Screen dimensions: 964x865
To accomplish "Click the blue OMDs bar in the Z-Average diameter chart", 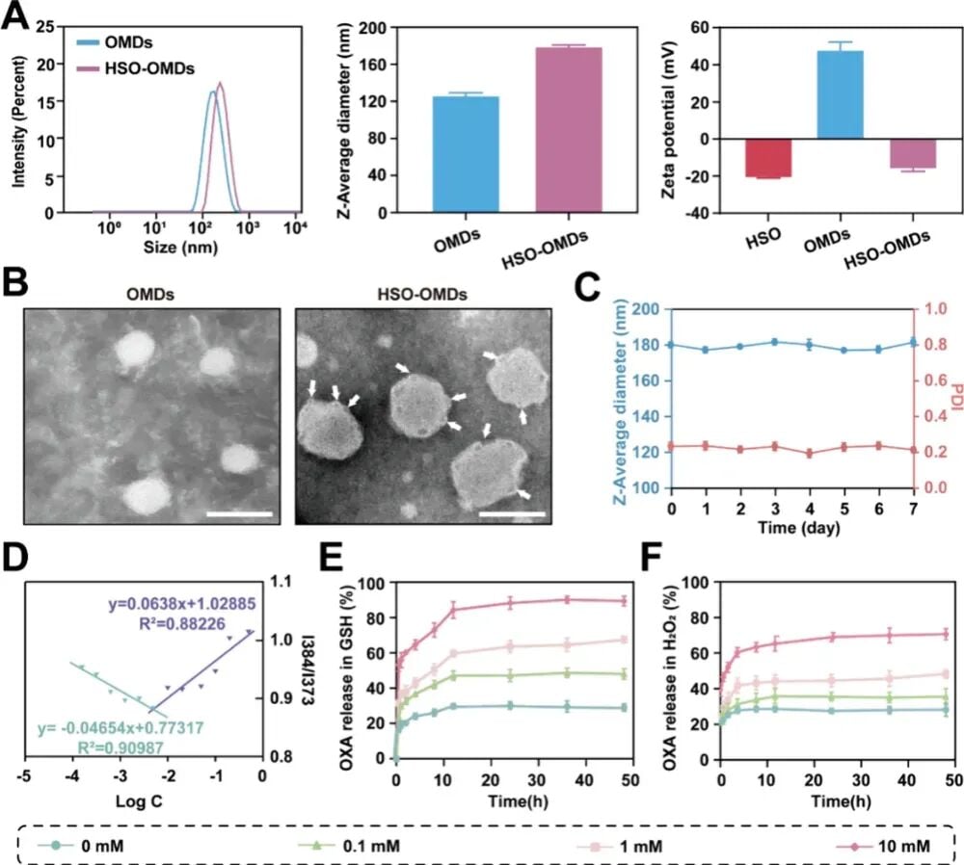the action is coord(466,154).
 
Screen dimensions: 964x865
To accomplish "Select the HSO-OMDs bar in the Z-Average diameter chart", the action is coord(569,130).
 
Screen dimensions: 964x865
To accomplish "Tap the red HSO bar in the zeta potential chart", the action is coord(768,158).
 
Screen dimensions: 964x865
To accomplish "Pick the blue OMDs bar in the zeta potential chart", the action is coord(840,94).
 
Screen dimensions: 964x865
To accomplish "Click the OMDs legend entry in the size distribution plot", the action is coord(115,42).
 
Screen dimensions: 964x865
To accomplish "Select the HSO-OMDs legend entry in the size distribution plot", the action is coord(135,68).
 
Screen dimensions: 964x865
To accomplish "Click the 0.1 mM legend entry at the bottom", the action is coord(349,846).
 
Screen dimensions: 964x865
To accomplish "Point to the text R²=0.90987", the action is coord(120,747).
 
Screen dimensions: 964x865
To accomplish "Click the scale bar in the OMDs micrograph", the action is coord(239,513).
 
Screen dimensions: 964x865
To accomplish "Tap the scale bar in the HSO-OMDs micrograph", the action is coord(512,513).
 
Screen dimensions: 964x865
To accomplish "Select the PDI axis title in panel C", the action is coord(955,396).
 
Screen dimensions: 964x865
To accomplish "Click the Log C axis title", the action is coord(139,801).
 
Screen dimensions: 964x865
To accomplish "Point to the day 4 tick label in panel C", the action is coord(810,509).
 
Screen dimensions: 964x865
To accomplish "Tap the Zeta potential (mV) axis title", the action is coord(669,120).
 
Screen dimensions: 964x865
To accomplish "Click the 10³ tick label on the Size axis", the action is coord(248,228).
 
